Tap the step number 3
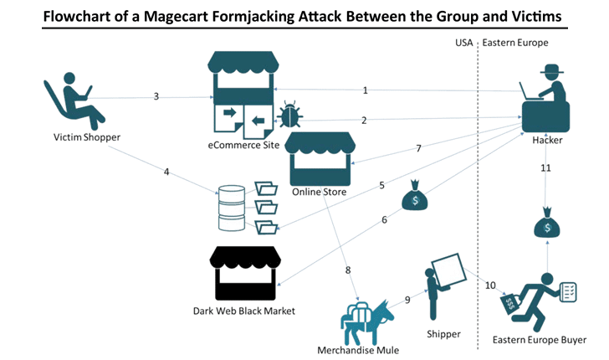pyautogui.click(x=156, y=96)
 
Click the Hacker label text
pyautogui.click(x=547, y=140)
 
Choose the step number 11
pyautogui.click(x=545, y=167)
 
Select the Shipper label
pyautogui.click(x=443, y=333)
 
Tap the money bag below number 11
pyautogui.click(x=546, y=226)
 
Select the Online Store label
pyautogui.click(x=320, y=193)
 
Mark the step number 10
pyautogui.click(x=491, y=285)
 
